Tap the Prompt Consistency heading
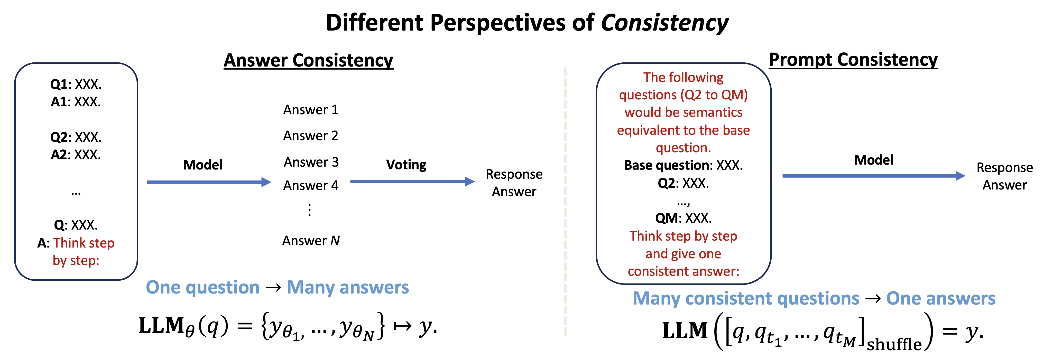853,60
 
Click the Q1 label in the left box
58,84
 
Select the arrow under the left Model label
208,182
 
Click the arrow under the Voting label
412,182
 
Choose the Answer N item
311,241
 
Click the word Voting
406,165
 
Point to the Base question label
666,165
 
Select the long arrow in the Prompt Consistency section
873,176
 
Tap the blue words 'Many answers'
347,287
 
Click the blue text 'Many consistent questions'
746,298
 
